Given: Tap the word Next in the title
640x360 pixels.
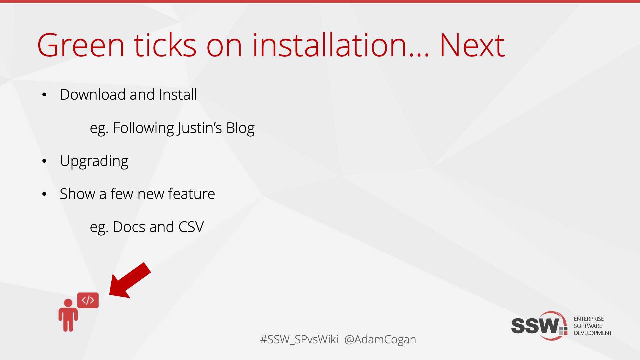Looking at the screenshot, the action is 472,45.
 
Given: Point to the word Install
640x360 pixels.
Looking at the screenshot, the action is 178,94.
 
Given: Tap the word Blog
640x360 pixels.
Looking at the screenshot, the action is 240,128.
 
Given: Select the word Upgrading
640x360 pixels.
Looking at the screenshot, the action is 94,161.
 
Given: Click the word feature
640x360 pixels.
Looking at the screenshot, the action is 191,194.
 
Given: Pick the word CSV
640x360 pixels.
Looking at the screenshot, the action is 191,227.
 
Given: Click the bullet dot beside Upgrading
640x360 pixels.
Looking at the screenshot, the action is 44,161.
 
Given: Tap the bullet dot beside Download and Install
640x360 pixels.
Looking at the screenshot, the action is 44,95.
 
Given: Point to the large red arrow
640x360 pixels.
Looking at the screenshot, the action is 130,280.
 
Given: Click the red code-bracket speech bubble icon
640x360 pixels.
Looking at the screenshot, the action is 88,300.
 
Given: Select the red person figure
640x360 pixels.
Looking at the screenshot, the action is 68,315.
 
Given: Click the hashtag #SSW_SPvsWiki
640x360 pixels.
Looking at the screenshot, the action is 299,340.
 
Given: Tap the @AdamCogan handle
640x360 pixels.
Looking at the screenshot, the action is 380,340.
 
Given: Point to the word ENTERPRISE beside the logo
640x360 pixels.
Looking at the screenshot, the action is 589,319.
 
